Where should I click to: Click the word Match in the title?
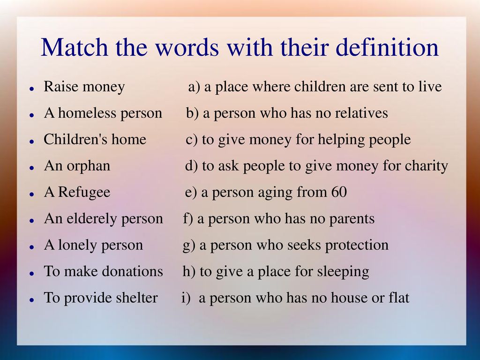point(75,47)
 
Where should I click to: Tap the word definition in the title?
point(387,47)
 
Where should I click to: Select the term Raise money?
point(84,87)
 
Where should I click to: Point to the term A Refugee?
point(77,192)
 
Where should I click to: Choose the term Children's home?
point(95,139)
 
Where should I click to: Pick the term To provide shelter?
point(101,298)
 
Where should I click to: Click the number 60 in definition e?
point(339,192)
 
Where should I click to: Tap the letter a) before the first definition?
point(194,87)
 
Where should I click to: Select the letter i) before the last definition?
point(186,298)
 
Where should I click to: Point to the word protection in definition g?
point(357,245)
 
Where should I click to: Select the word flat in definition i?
point(399,298)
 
